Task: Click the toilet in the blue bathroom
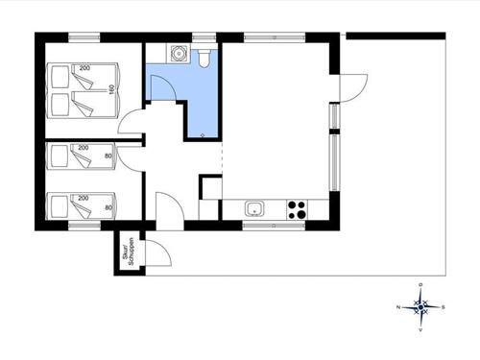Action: click(204, 58)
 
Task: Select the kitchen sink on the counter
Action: click(254, 208)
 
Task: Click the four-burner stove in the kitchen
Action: click(298, 208)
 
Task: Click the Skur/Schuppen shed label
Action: click(126, 252)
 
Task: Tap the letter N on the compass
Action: click(398, 307)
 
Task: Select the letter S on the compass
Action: click(443, 307)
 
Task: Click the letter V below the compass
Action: click(420, 329)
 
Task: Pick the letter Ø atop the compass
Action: click(420, 285)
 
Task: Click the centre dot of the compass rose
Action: click(420, 307)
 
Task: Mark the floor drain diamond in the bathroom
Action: click(202, 135)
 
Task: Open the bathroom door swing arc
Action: click(163, 86)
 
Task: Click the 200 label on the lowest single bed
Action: click(84, 197)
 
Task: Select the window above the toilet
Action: click(204, 37)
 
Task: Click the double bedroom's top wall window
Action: click(84, 37)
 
